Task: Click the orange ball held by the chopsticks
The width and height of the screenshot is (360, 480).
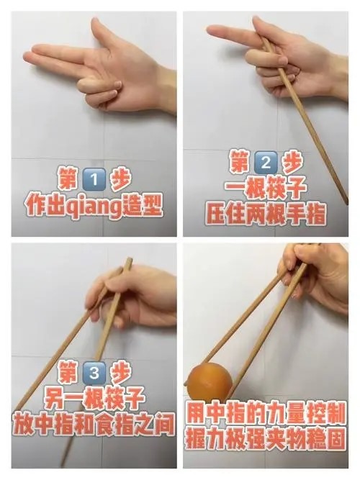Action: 210,382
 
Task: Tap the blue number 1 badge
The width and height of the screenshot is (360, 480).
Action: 94,179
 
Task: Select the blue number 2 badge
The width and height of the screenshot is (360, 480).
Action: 266,162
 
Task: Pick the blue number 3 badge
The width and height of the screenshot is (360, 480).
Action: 94,373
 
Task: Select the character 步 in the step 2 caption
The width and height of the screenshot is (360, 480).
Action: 292,162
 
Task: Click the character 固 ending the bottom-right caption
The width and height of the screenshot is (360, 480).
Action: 336,438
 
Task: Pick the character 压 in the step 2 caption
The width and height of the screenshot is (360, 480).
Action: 216,214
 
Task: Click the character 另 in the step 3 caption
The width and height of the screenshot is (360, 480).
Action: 55,398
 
